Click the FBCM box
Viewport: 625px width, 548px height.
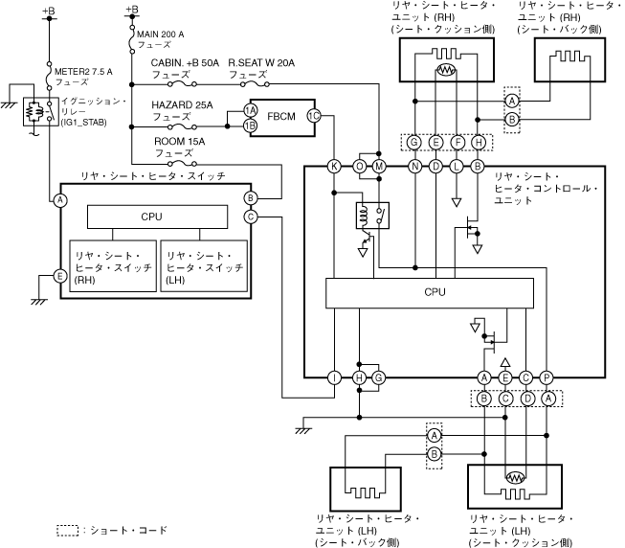coord(280,118)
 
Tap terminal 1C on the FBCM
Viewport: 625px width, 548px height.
coord(313,116)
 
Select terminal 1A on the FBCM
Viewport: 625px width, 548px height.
coord(250,112)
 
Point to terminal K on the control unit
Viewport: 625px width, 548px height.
coord(334,166)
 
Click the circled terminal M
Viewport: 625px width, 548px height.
coord(380,166)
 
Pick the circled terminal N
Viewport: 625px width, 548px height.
coord(415,166)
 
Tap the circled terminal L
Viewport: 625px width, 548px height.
coord(457,166)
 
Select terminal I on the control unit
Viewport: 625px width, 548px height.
coord(334,378)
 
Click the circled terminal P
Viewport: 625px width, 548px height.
coord(547,378)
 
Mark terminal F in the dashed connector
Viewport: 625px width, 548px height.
coord(457,142)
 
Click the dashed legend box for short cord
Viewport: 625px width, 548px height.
coord(66,530)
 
